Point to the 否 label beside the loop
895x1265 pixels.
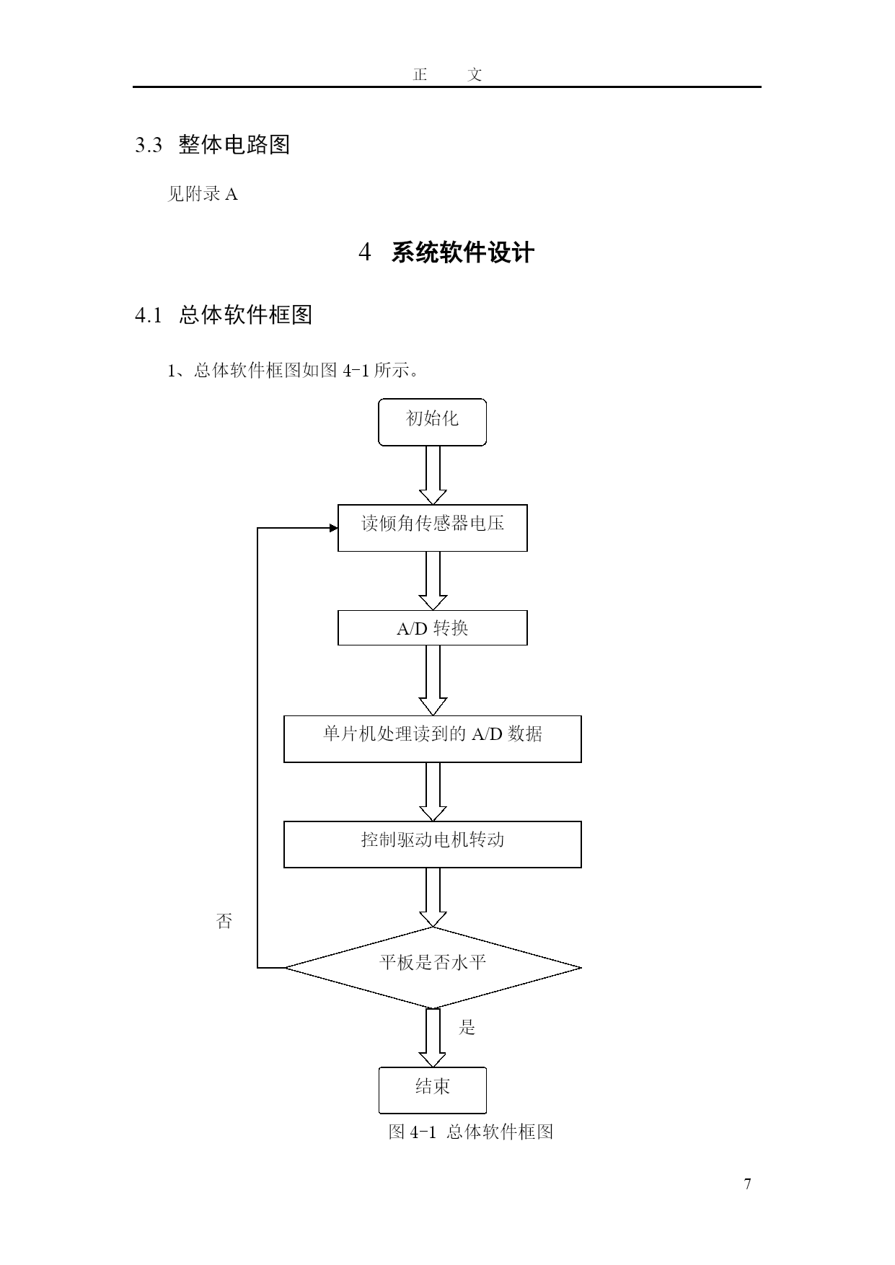coord(224,921)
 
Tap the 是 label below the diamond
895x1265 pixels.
coord(467,1027)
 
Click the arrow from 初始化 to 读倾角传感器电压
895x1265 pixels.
coord(433,475)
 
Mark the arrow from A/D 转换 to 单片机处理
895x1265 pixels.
coord(433,680)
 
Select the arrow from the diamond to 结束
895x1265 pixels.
coord(433,1037)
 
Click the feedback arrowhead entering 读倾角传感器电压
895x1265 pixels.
coord(334,528)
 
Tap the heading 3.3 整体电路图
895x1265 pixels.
coord(213,145)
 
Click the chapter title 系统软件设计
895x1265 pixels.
coord(462,253)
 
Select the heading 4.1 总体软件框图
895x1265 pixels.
coord(224,315)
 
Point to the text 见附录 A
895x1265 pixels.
coord(203,194)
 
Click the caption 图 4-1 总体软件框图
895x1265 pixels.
coord(471,1132)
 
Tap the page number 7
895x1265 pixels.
coord(748,1184)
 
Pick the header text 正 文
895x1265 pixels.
coord(447,74)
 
